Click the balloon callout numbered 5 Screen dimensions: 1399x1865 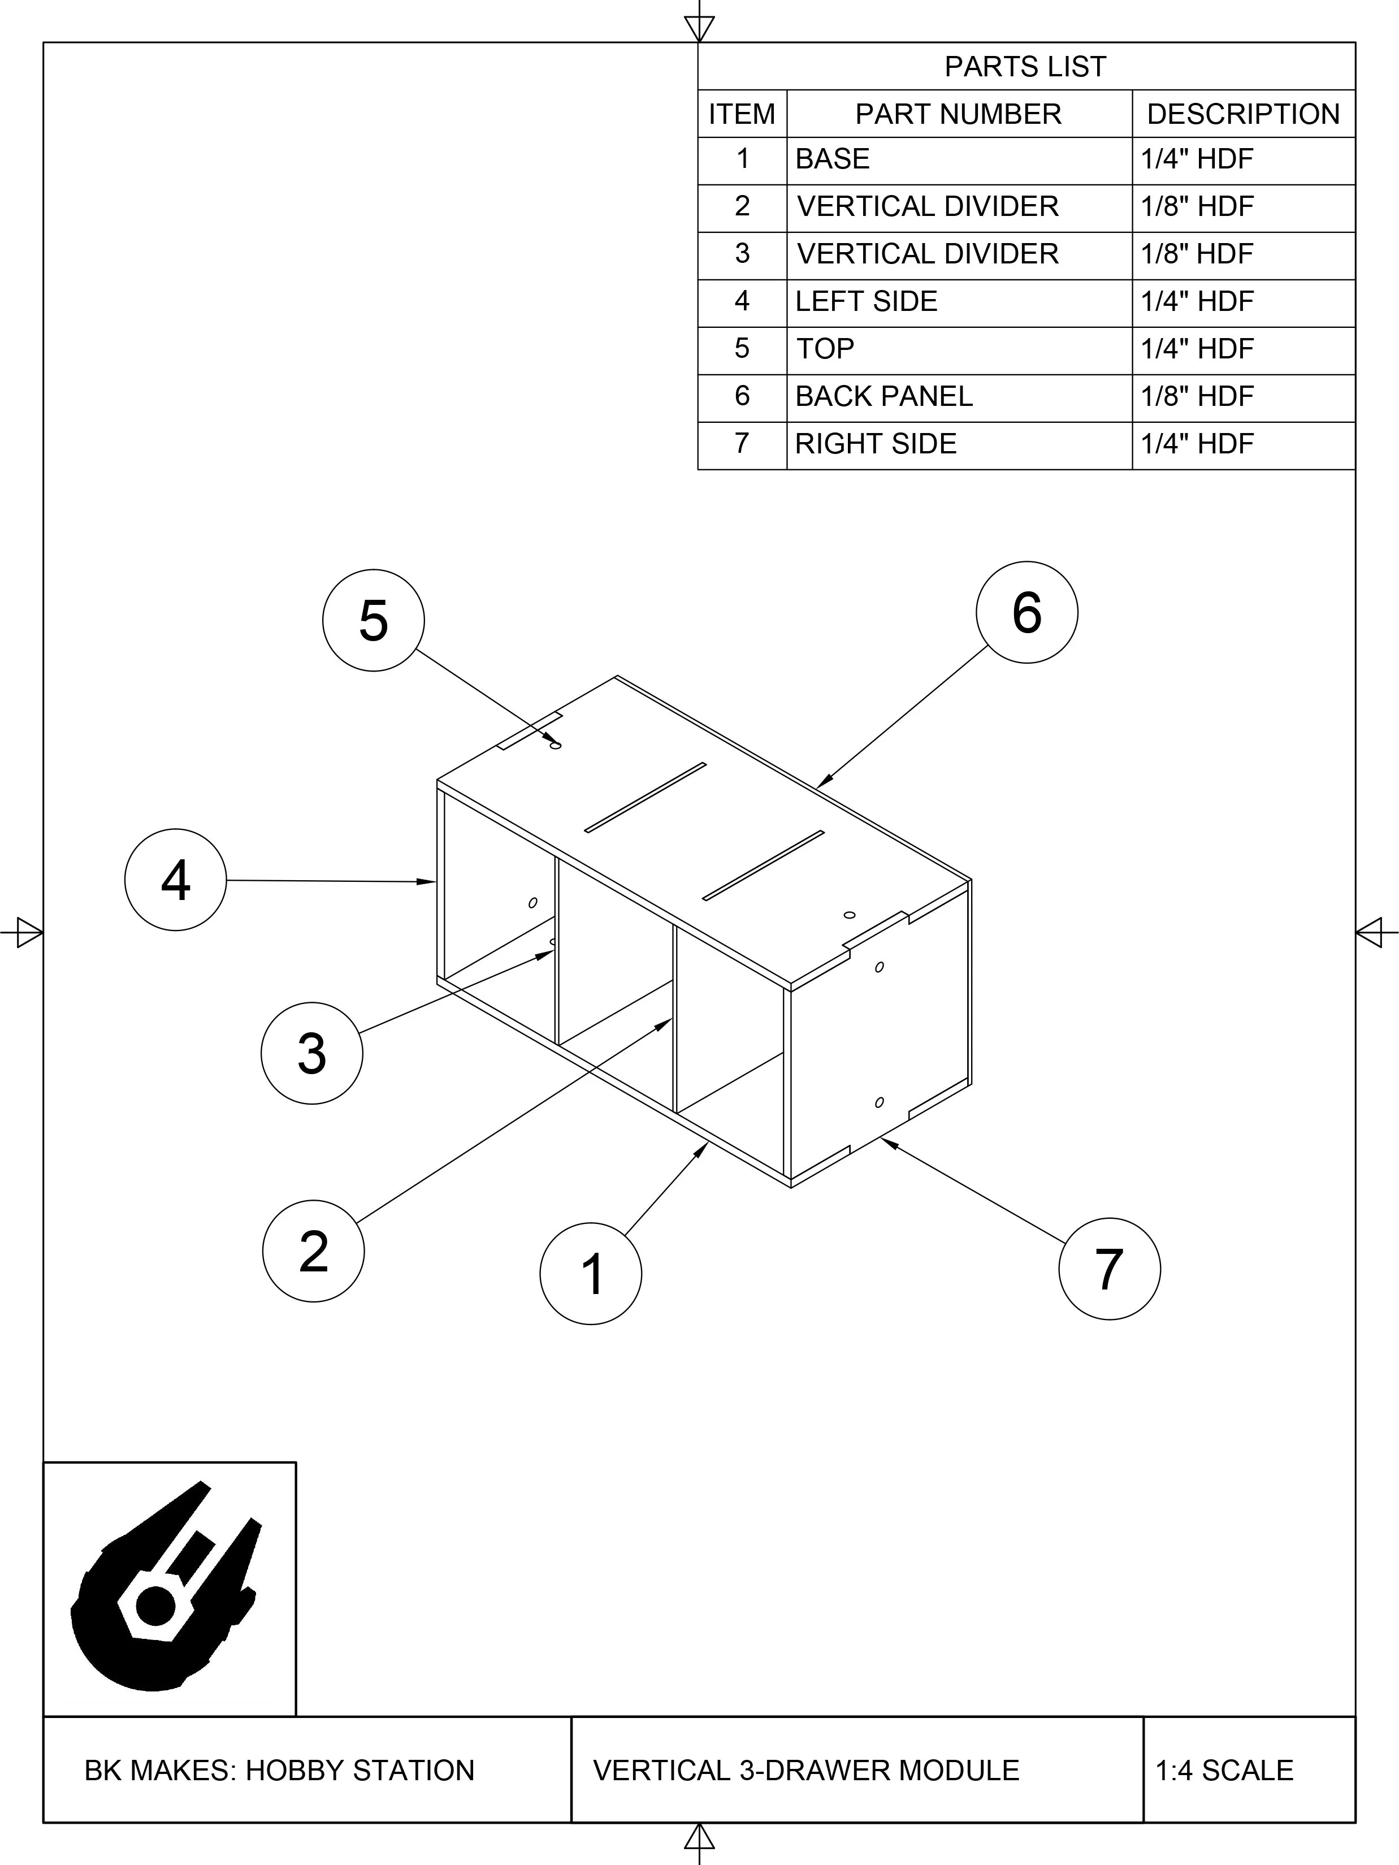pos(373,621)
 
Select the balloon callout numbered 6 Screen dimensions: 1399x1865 pos(1026,612)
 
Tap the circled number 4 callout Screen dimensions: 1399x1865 pos(175,880)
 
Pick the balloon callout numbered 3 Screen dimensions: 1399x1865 pos(312,1053)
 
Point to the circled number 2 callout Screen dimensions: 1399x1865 pos(314,1251)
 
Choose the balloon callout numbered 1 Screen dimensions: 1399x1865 pos(591,1274)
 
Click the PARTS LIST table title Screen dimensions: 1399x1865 pos(1025,67)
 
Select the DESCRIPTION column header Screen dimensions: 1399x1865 pos(1243,114)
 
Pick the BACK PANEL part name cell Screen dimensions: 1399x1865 pos(884,396)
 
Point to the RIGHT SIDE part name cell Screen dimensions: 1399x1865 pos(876,443)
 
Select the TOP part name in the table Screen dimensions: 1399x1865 pos(826,349)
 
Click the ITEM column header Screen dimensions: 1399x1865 pos(742,114)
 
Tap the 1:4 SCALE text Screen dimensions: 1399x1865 pos(1224,1769)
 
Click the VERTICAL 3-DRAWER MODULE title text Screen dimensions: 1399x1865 pos(805,1769)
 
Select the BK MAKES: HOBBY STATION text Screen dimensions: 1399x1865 pos(280,1769)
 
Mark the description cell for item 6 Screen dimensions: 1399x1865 pos(1197,396)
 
